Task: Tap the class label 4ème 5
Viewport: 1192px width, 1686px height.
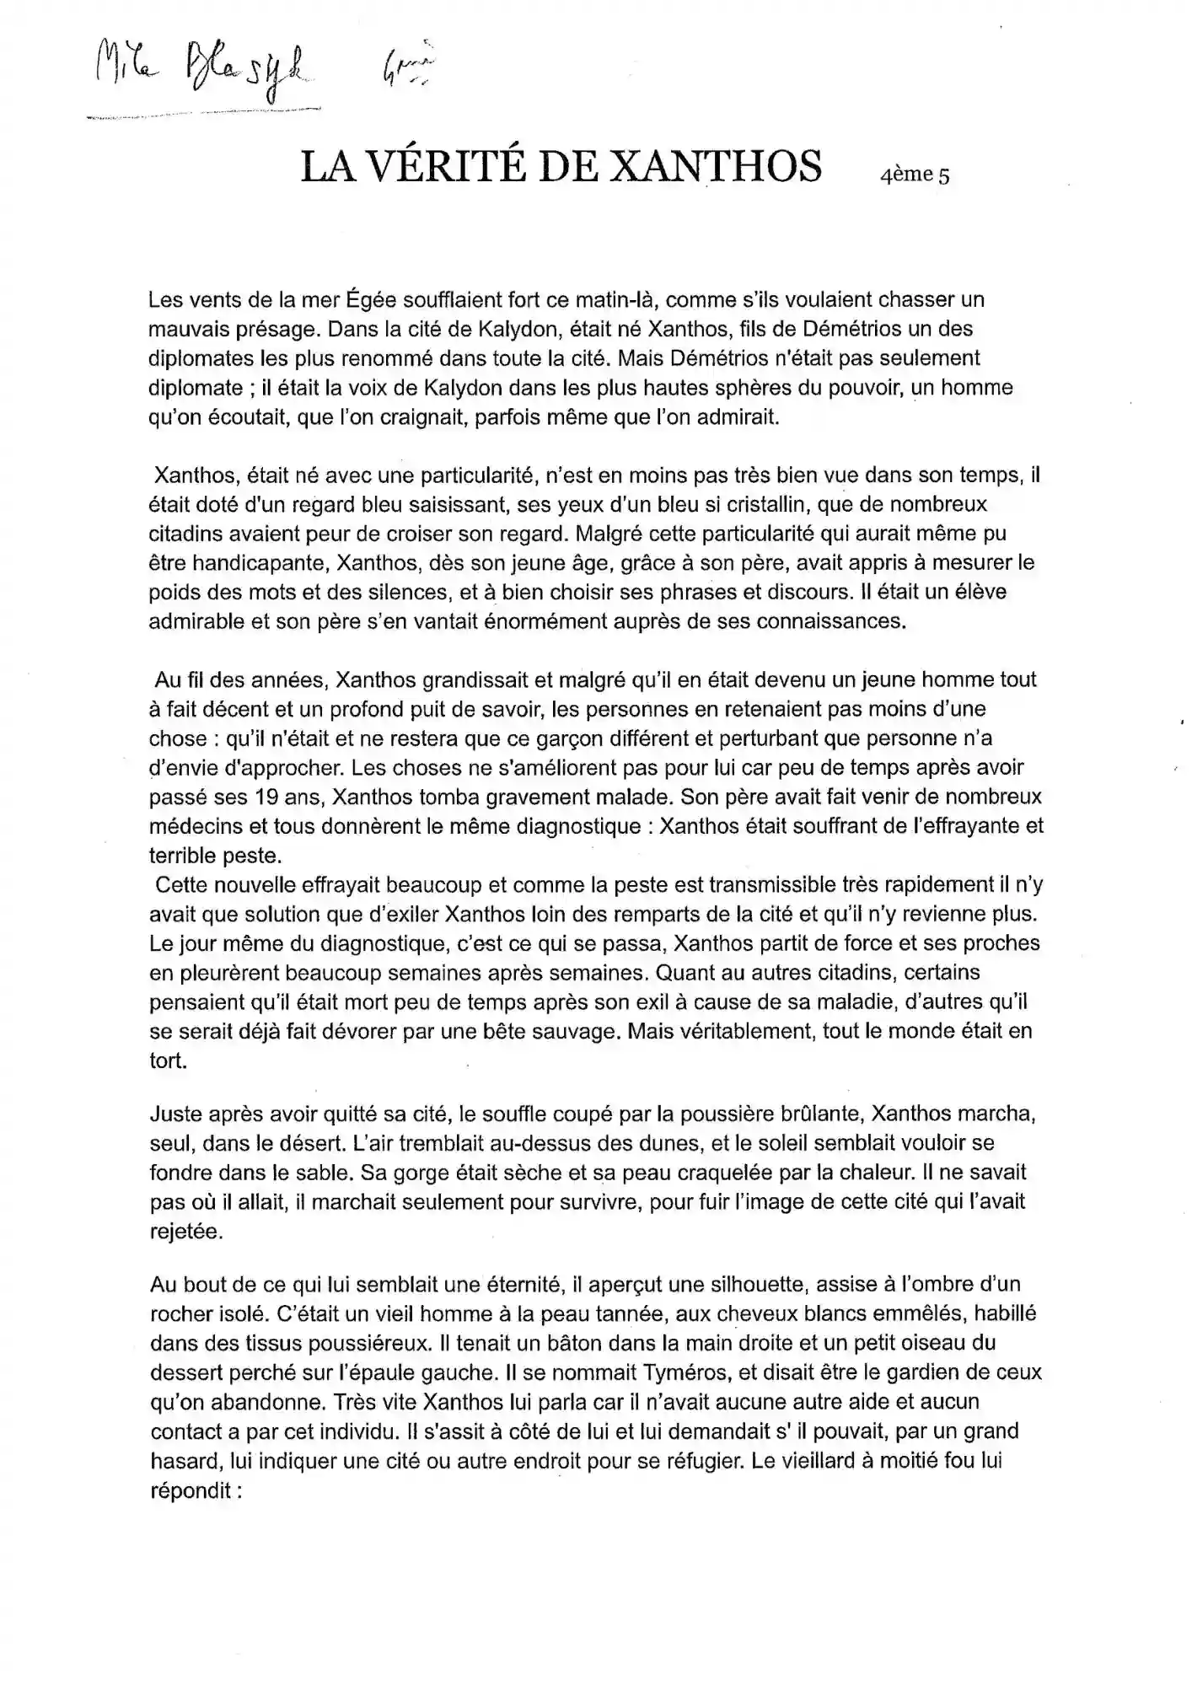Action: [x=914, y=175]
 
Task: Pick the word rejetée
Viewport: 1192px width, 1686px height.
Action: [x=186, y=1232]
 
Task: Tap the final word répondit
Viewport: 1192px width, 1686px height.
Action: [x=191, y=1490]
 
